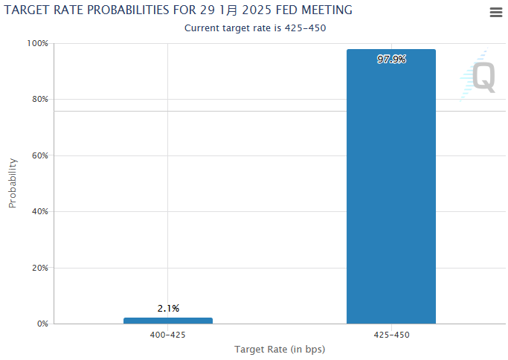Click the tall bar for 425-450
point(390,186)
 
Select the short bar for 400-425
point(168,321)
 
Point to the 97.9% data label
point(391,60)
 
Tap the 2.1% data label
point(168,308)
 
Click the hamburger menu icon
point(496,12)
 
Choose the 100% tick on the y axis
point(38,43)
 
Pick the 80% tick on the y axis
point(39,99)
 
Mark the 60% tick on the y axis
point(39,155)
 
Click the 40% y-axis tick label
point(39,211)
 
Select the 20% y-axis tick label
point(39,268)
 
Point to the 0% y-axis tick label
point(42,324)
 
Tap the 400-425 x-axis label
point(168,335)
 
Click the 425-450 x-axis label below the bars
point(391,335)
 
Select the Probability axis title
point(13,183)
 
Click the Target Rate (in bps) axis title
point(280,349)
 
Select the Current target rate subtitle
point(255,28)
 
